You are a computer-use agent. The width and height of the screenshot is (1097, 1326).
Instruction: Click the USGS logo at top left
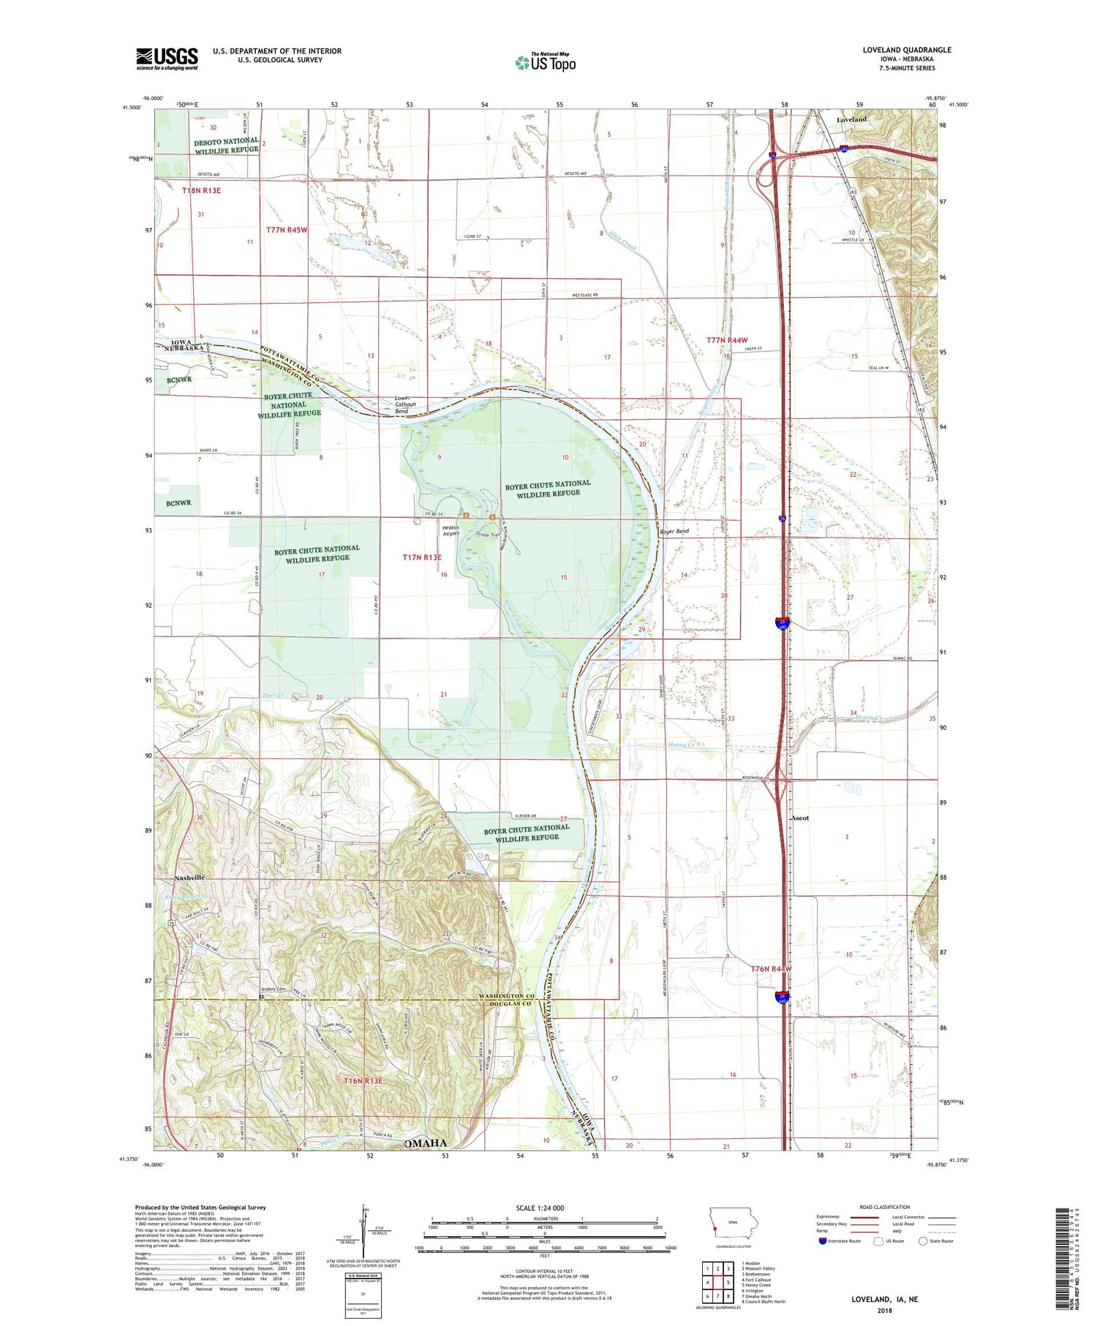point(167,59)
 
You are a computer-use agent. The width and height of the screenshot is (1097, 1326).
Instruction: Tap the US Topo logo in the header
point(545,62)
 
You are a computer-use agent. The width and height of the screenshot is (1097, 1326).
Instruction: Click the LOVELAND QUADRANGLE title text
point(906,50)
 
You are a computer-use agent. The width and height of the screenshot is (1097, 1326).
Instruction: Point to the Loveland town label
point(851,118)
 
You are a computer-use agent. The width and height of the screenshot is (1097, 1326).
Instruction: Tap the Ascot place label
point(801,818)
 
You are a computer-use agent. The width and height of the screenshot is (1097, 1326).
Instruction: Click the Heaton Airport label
point(451,530)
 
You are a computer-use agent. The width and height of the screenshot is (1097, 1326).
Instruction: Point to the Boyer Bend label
point(674,531)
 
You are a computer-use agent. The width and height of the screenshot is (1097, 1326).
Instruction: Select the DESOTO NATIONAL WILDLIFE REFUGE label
point(226,145)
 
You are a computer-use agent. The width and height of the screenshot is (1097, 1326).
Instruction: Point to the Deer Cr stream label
point(272,696)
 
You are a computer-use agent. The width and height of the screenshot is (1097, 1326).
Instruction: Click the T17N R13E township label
point(422,557)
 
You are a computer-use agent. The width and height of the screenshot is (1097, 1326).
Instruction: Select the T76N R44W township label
point(771,969)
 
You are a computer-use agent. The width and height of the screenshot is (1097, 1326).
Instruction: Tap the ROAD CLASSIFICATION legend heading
point(885,1207)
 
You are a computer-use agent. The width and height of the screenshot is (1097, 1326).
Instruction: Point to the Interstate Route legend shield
point(823,1241)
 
